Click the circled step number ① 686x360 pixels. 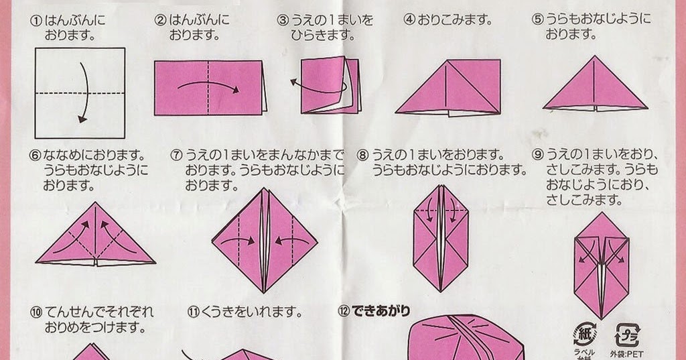pyautogui.click(x=36, y=21)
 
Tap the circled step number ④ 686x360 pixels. pyautogui.click(x=409, y=20)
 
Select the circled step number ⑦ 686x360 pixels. pyautogui.click(x=177, y=156)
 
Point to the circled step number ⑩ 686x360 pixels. pyautogui.click(x=37, y=312)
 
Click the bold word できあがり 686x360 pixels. pyautogui.click(x=381, y=311)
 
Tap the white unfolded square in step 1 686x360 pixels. pyautogui.click(x=80, y=93)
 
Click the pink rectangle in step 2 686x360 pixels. pyautogui.click(x=210, y=88)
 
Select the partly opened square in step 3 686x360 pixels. pyautogui.click(x=331, y=85)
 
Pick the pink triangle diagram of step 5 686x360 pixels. pyautogui.click(x=595, y=83)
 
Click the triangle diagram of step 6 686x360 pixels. pyautogui.click(x=95, y=234)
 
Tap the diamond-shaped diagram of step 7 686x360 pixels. pyautogui.click(x=265, y=241)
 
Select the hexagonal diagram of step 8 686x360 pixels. pyautogui.click(x=441, y=239)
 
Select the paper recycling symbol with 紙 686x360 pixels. pyautogui.click(x=585, y=334)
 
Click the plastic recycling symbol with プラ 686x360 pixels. pyautogui.click(x=627, y=335)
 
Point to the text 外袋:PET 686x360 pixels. pyautogui.click(x=626, y=353)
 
